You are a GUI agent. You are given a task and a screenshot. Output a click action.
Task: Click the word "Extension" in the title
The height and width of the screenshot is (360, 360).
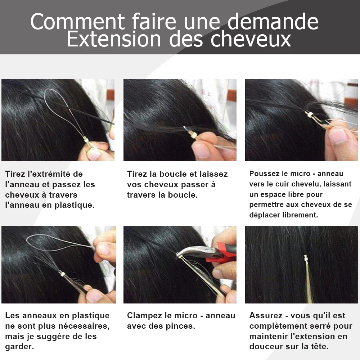pyautogui.click(x=114, y=39)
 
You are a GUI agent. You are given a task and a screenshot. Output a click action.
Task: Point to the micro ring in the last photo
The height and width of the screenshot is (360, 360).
pyautogui.click(x=306, y=258)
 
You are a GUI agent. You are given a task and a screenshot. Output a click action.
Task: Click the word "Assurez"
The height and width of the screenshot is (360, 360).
pyautogui.click(x=266, y=315)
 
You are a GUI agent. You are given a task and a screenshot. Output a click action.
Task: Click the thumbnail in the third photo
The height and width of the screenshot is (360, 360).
pyautogui.click(x=339, y=135)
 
